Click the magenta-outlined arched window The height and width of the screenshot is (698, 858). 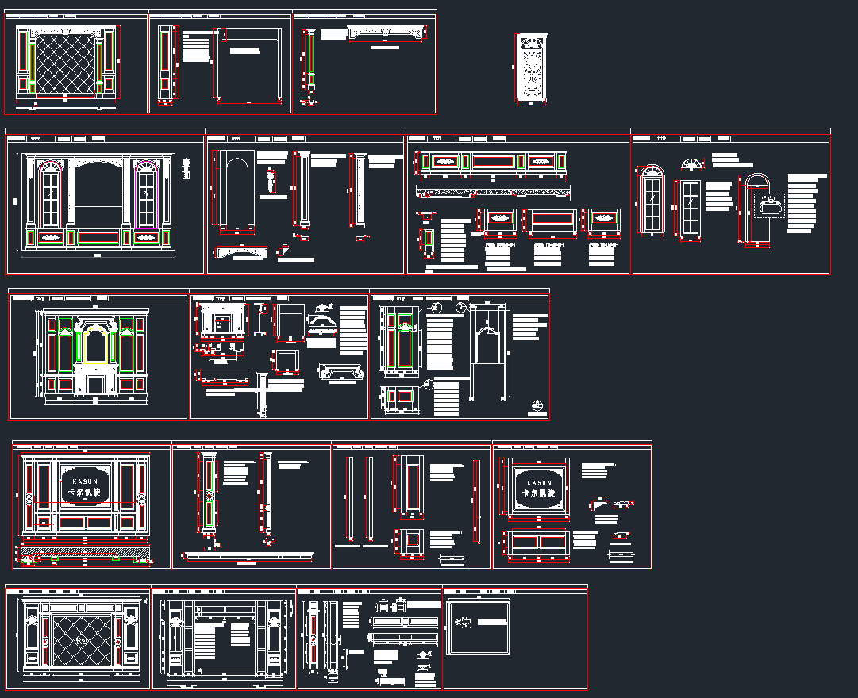[x=146, y=195]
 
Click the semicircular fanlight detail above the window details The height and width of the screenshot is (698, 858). [x=693, y=164]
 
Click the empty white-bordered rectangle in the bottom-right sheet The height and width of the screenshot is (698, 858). [x=479, y=627]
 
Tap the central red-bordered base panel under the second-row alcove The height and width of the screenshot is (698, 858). [x=98, y=236]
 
